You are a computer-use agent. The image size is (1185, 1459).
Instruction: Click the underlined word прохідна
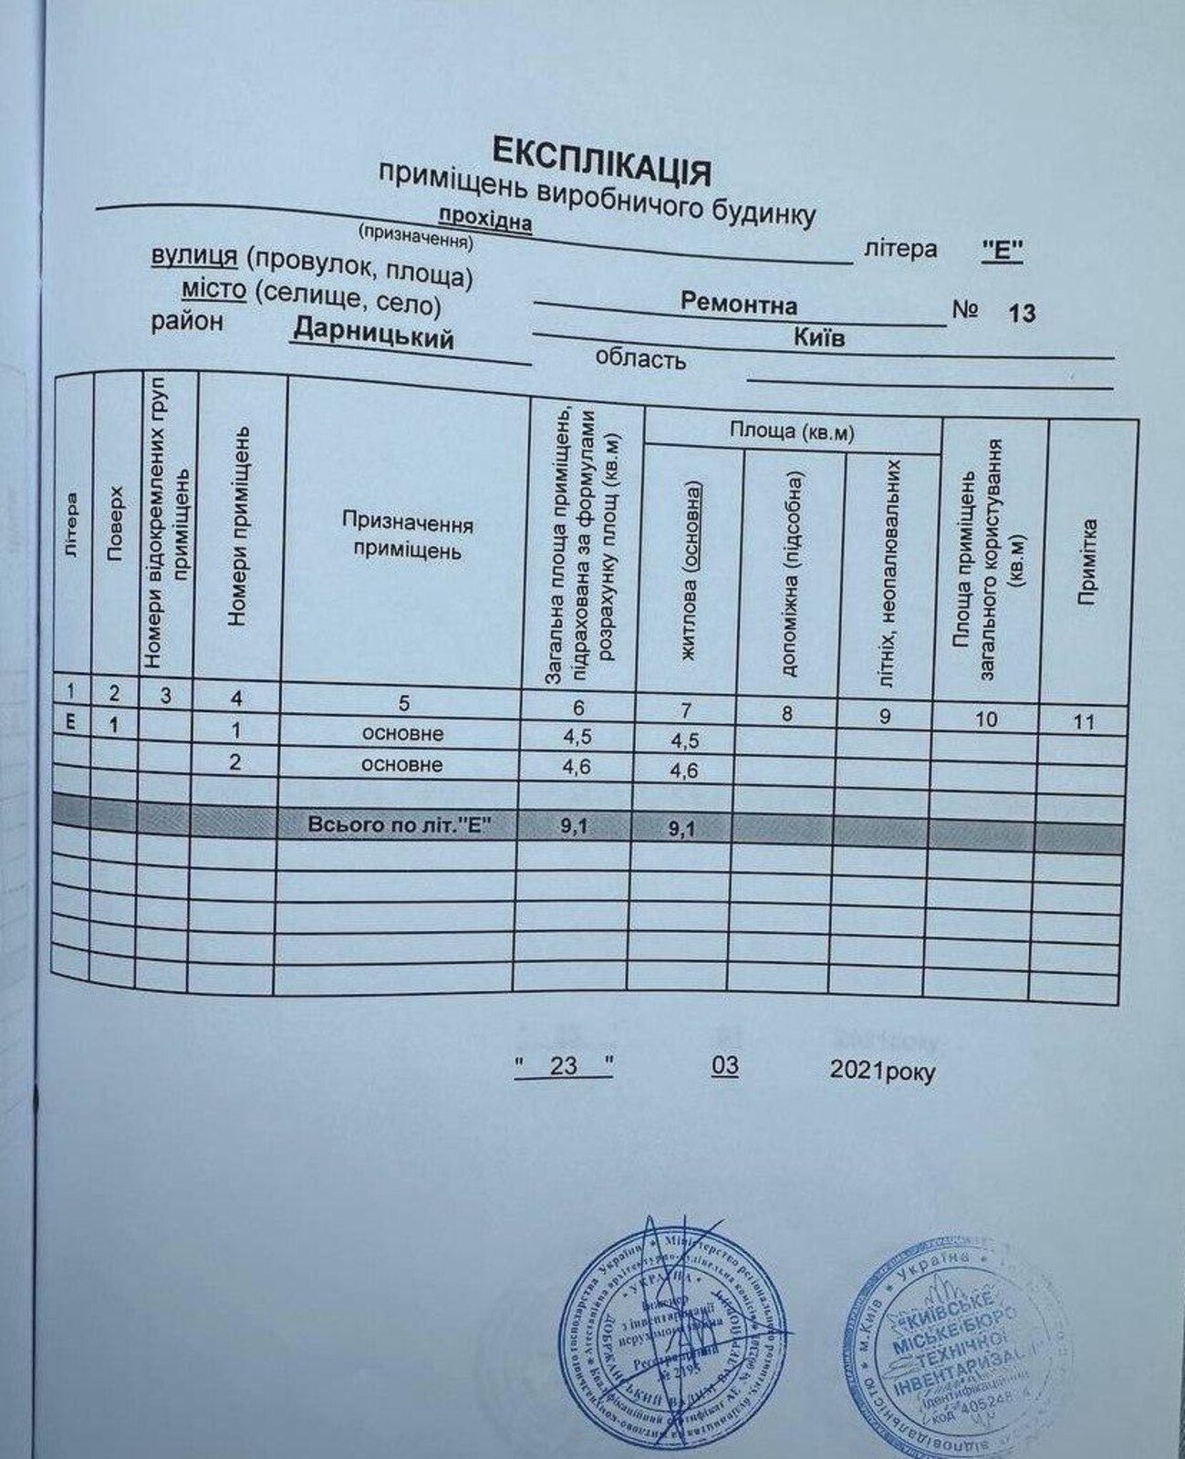485,219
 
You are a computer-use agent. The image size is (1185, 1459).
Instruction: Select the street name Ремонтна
738,305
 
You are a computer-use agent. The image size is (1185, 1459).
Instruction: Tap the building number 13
1022,314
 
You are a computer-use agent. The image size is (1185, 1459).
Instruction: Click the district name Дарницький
372,337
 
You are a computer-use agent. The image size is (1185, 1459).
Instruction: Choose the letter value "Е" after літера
1002,252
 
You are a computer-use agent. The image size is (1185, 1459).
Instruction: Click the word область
640,359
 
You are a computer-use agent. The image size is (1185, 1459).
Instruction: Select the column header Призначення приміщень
408,537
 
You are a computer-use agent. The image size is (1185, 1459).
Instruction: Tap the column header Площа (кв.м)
791,431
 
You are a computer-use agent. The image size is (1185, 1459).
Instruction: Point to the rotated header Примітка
1086,561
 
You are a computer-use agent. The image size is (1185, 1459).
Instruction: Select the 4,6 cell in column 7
683,771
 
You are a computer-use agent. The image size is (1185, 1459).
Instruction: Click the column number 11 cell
1084,722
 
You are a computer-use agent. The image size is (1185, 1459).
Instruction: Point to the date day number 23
564,1065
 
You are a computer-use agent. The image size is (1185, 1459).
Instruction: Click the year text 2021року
882,1072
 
